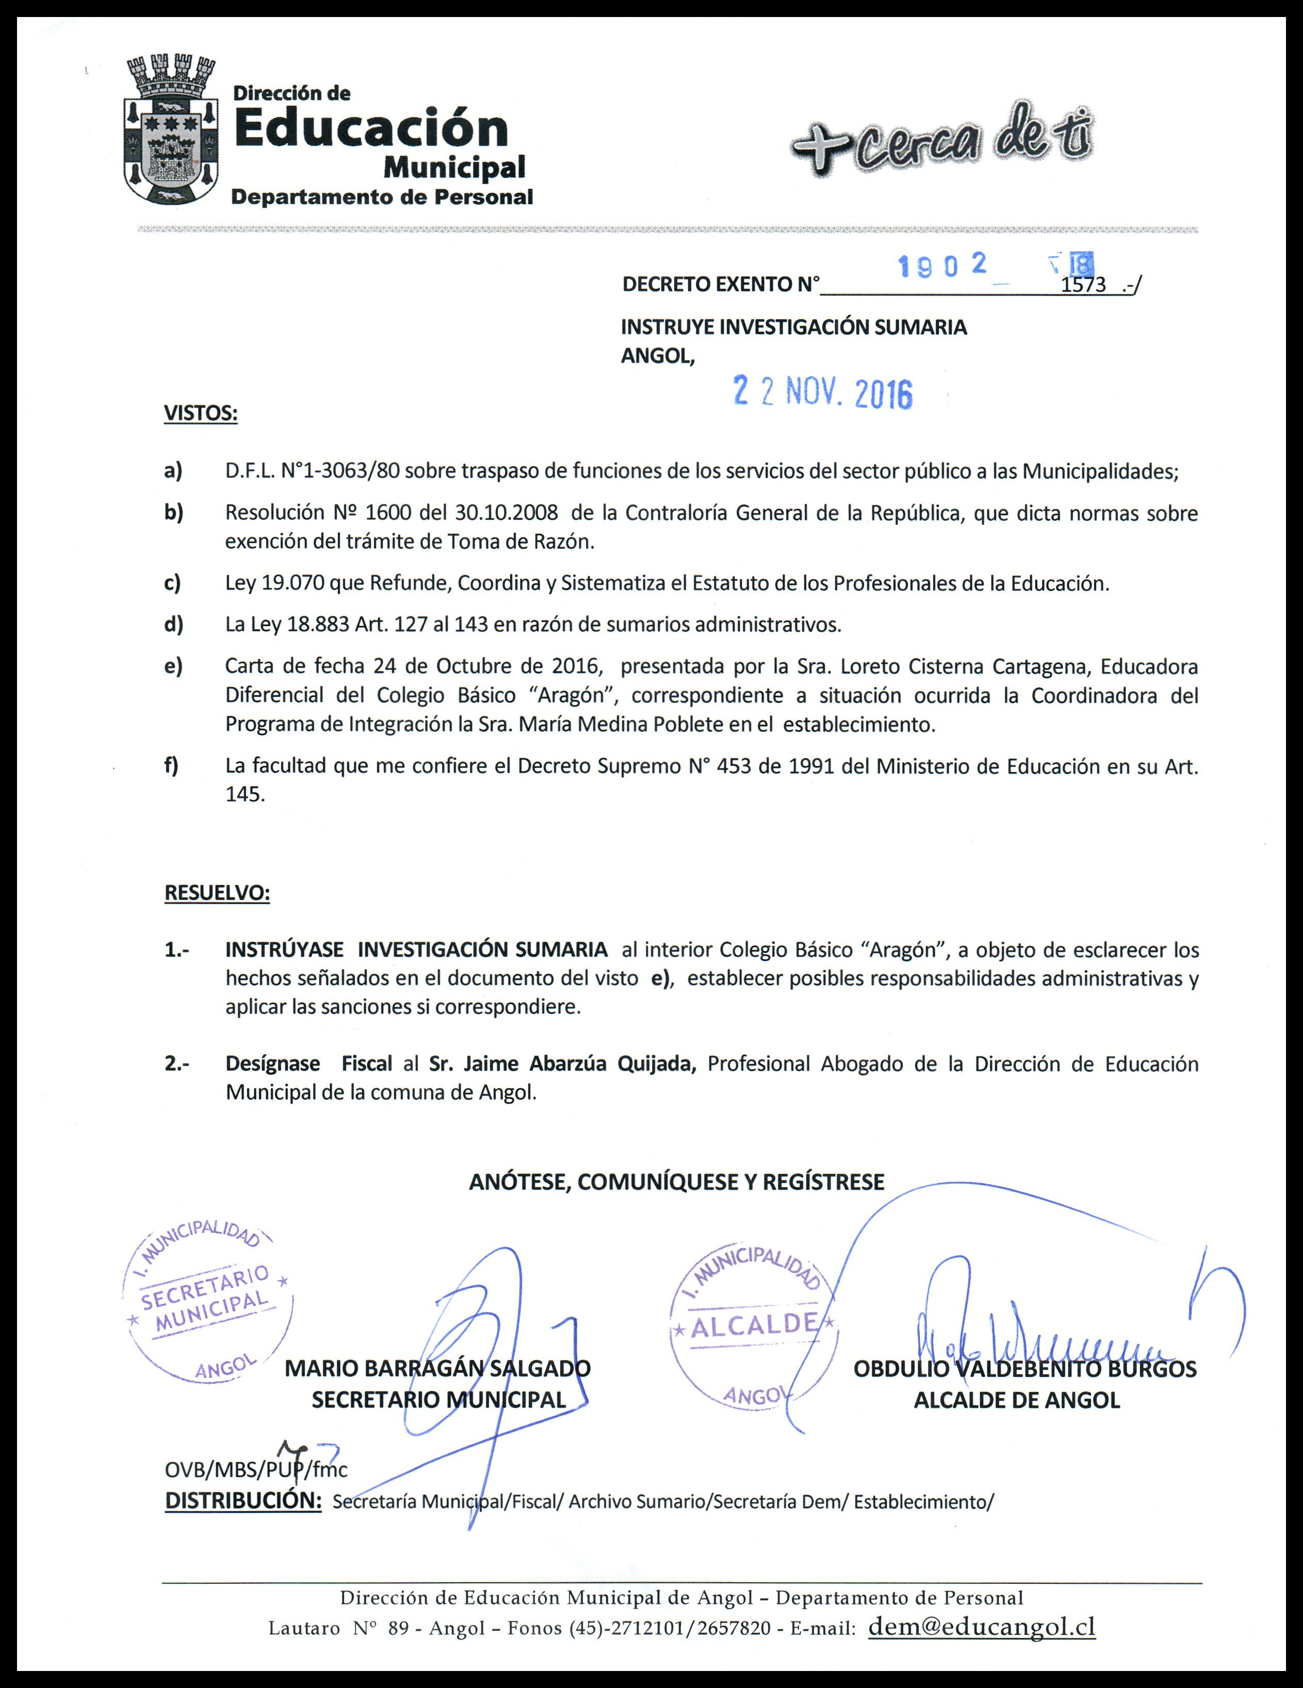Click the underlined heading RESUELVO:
click(217, 893)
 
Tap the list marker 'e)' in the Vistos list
click(173, 666)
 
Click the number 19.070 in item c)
click(293, 583)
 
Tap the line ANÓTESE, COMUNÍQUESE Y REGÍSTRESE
click(676, 1182)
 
